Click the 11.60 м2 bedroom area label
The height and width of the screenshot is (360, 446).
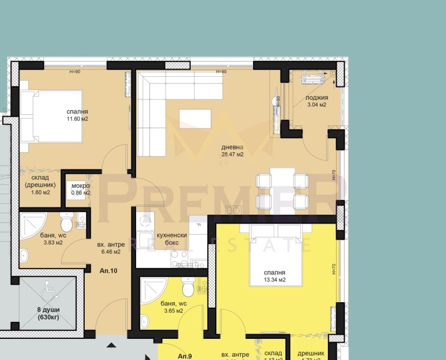[x=77, y=119]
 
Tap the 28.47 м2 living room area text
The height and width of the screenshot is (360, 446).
[x=232, y=154]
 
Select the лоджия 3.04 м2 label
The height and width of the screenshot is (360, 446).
[x=316, y=104]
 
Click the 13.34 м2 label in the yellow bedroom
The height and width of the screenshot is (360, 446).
[x=275, y=280]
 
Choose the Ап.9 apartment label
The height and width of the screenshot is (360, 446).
[x=185, y=356]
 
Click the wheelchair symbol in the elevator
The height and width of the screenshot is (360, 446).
[x=47, y=290]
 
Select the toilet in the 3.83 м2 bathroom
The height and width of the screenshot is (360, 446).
[x=66, y=224]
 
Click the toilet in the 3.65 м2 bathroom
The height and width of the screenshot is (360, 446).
[x=188, y=289]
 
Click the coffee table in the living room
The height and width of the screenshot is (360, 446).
[x=195, y=119]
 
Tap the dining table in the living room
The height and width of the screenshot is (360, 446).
[x=282, y=189]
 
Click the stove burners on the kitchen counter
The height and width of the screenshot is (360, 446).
[x=179, y=258]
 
